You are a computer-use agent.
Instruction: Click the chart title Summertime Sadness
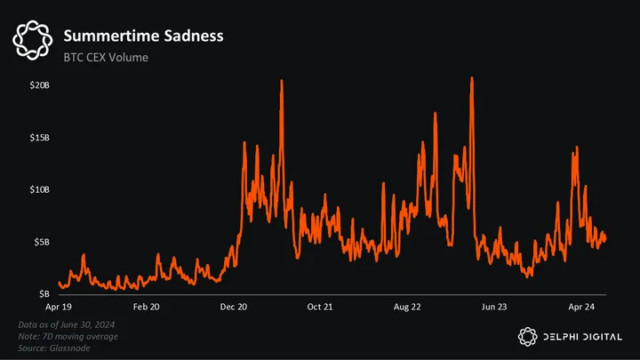point(143,36)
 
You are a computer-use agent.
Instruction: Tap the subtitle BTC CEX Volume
point(106,57)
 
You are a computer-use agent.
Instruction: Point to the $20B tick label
point(40,85)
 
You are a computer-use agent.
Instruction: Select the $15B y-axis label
point(40,138)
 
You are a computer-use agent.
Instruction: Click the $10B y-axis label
point(40,190)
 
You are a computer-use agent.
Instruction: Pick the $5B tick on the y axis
point(42,242)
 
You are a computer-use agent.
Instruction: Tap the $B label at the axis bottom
point(44,294)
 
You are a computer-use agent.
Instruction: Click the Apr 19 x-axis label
point(59,307)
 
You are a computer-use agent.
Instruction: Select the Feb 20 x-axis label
point(146,307)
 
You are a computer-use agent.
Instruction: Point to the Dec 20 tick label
point(234,307)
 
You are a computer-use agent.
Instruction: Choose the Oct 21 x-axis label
point(320,307)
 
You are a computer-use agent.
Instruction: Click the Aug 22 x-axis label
point(407,307)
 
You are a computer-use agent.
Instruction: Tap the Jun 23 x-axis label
point(494,307)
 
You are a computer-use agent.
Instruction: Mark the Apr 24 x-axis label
point(581,307)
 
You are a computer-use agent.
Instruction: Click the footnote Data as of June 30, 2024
point(67,325)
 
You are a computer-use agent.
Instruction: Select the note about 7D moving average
point(68,337)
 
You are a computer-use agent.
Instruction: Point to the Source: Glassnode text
point(54,348)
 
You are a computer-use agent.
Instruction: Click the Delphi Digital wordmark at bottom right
point(582,337)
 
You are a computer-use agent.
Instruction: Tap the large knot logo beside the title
point(33,40)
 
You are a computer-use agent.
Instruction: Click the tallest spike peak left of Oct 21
point(282,80)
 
